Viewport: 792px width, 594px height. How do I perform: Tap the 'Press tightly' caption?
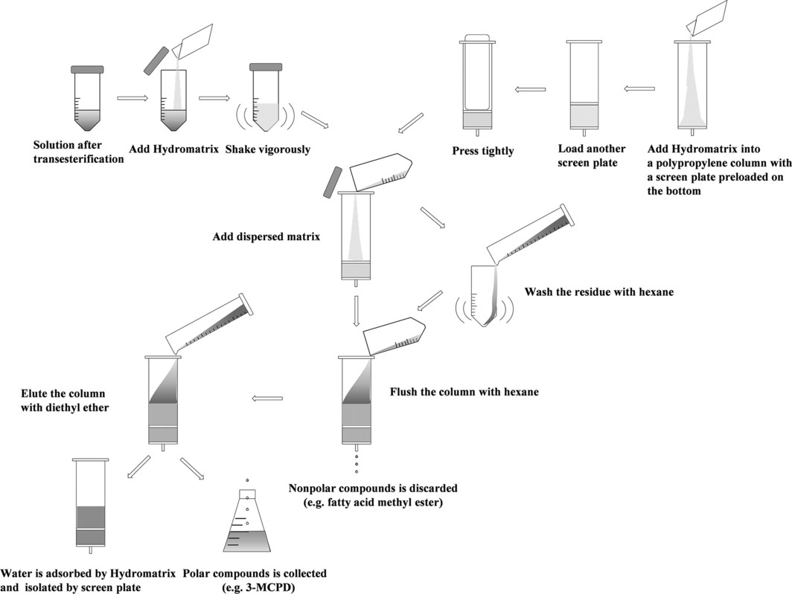coord(483,151)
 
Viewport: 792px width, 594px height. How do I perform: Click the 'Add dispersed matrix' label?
coord(266,237)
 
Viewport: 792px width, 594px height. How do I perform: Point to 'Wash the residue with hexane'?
coord(598,292)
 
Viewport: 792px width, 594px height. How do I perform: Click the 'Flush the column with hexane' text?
coord(464,392)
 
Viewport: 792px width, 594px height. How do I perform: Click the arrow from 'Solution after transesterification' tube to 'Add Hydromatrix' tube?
coord(132,97)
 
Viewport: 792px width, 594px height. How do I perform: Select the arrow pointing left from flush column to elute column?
coord(269,398)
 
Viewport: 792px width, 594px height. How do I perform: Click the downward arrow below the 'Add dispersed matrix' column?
coord(357,311)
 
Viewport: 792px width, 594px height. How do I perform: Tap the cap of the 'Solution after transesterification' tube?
coord(92,70)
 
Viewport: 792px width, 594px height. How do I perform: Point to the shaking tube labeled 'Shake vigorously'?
coord(266,100)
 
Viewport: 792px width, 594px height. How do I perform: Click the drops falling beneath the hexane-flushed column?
coord(357,463)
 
